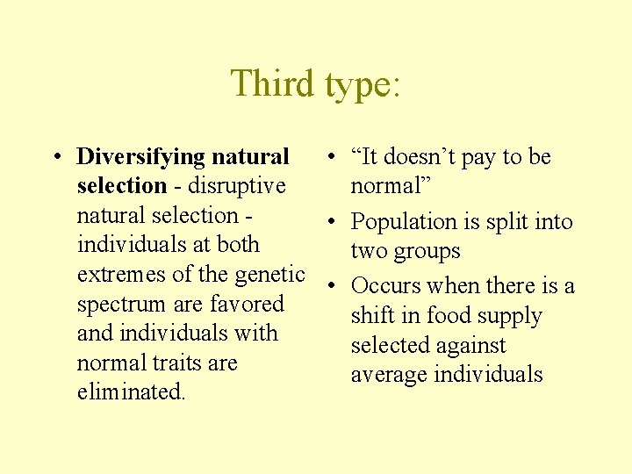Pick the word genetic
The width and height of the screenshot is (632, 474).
tap(269, 275)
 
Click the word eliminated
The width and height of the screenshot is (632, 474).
tap(131, 392)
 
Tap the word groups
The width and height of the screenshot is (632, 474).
tap(427, 252)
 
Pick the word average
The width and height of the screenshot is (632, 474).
tap(387, 375)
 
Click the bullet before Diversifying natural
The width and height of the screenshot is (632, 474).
tap(55, 158)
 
